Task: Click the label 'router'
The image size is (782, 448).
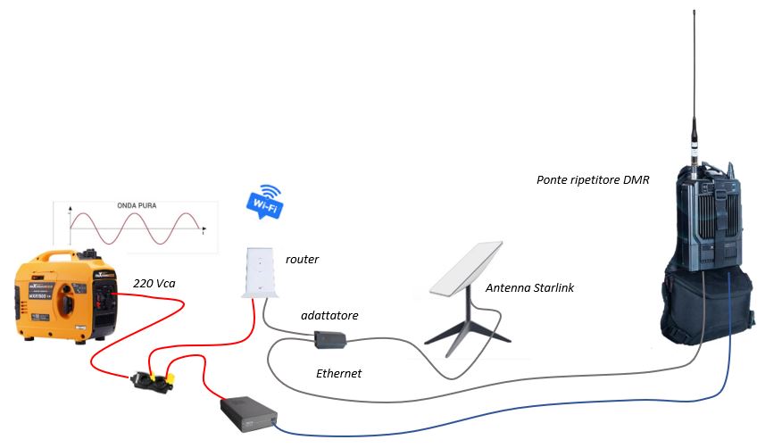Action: point(302,260)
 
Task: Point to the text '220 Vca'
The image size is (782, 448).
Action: point(154,283)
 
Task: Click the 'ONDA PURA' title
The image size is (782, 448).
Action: point(138,205)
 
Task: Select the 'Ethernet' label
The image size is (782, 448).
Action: point(339,374)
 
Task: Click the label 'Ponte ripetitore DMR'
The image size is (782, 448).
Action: point(593,179)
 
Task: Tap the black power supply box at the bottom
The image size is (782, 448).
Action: point(251,413)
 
